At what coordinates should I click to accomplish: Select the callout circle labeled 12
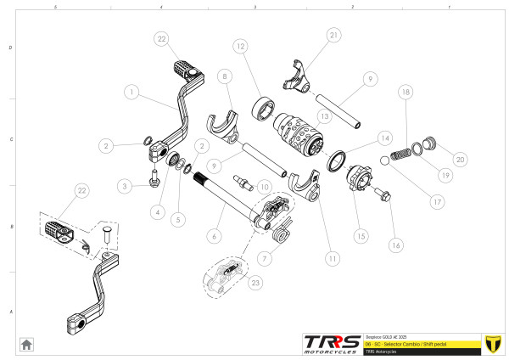tap(241, 45)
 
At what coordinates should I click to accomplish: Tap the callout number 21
tap(333, 35)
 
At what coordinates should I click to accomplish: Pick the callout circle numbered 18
tap(406, 91)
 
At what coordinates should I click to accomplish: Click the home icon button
tap(26, 344)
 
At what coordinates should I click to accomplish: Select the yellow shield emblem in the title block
tap(491, 342)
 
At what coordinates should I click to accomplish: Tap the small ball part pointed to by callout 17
tap(384, 159)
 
